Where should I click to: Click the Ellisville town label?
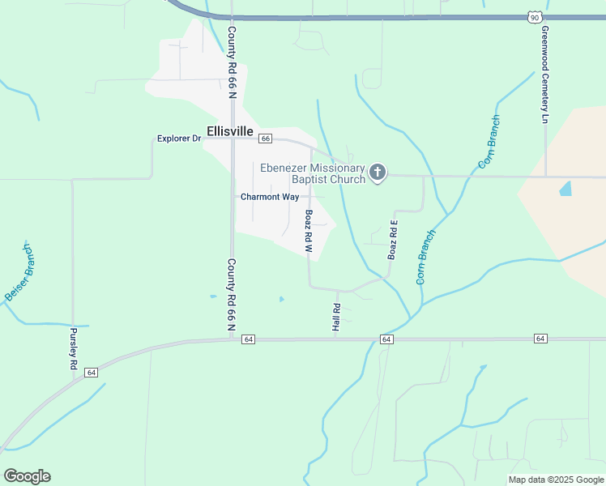pos(230,131)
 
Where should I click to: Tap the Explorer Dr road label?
pos(178,139)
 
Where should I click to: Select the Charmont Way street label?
pos(270,197)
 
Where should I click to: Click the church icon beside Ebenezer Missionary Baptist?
pos(377,172)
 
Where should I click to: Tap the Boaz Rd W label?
pos(309,232)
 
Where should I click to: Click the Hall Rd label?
pos(336,317)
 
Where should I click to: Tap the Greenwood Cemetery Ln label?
pos(545,74)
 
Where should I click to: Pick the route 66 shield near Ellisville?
pos(265,139)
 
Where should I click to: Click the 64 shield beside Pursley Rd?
pos(92,373)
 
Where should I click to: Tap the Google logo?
pos(27,476)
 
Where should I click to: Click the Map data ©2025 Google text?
pos(555,480)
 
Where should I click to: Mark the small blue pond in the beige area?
pos(565,190)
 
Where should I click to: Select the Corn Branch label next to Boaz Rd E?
pos(426,257)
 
